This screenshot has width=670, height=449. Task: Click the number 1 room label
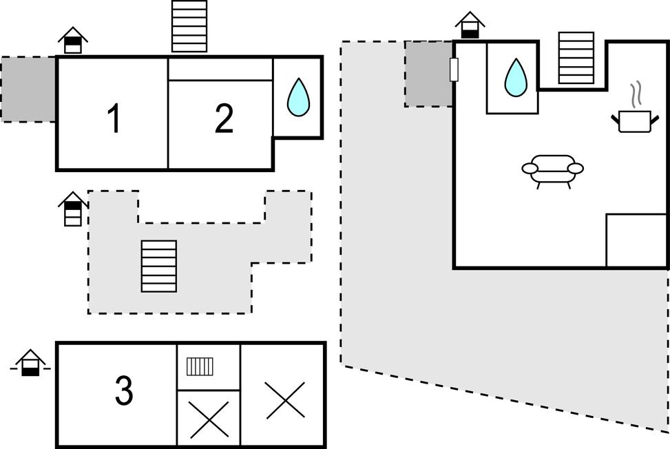pos(114,118)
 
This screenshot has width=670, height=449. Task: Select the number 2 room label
pos(224,120)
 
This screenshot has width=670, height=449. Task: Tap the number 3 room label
pos(124,391)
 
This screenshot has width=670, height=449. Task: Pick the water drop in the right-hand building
pos(516,77)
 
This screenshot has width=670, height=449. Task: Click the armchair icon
pos(552,169)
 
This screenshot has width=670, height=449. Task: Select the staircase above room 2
pos(189,26)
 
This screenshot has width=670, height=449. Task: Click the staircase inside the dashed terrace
pos(158,266)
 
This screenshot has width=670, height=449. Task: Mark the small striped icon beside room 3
pos(200,366)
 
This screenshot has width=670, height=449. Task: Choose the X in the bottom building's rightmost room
pos(285,401)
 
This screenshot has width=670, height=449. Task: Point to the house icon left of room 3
pos(30,364)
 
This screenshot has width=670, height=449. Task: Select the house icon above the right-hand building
pos(470,25)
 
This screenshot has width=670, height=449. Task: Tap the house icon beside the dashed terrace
pos(73,209)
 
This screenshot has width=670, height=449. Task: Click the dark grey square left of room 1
pos(28,90)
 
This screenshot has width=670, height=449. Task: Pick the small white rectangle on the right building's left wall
pos(453,70)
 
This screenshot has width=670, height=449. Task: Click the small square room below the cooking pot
pos(636,240)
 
